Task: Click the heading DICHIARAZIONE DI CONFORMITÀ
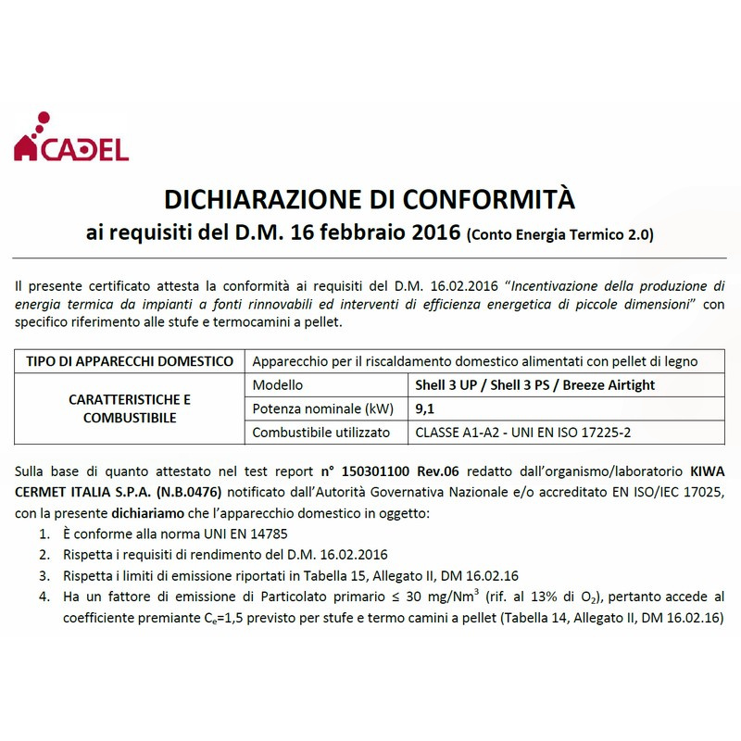[370, 198]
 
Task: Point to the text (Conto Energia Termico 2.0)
[560, 234]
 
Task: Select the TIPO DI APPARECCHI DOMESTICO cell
[130, 360]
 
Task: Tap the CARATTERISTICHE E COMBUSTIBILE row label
[130, 408]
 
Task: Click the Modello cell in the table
[278, 384]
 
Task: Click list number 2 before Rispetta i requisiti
[44, 555]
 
